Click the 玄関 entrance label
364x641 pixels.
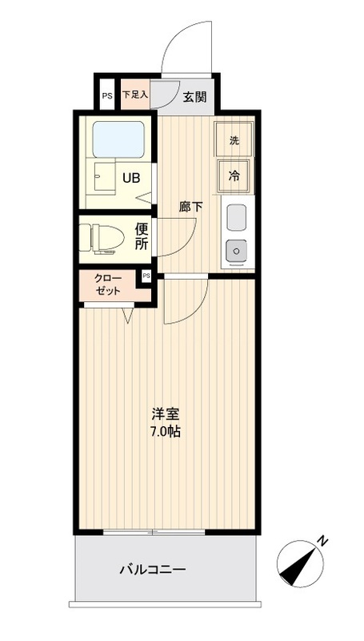pyautogui.click(x=194, y=97)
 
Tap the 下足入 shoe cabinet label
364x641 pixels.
pyautogui.click(x=135, y=95)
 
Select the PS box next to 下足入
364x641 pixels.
pyautogui.click(x=106, y=95)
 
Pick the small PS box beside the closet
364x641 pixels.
pyautogui.click(x=146, y=276)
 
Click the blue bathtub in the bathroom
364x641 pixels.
pyautogui.click(x=118, y=139)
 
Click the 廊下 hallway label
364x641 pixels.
pyautogui.click(x=190, y=206)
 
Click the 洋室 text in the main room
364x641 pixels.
pyautogui.click(x=166, y=415)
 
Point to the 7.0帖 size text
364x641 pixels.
pyautogui.click(x=166, y=433)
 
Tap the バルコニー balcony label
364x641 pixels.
pyautogui.click(x=153, y=570)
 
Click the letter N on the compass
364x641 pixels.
pyautogui.click(x=321, y=541)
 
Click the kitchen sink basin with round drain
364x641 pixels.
pyautogui.click(x=236, y=251)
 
